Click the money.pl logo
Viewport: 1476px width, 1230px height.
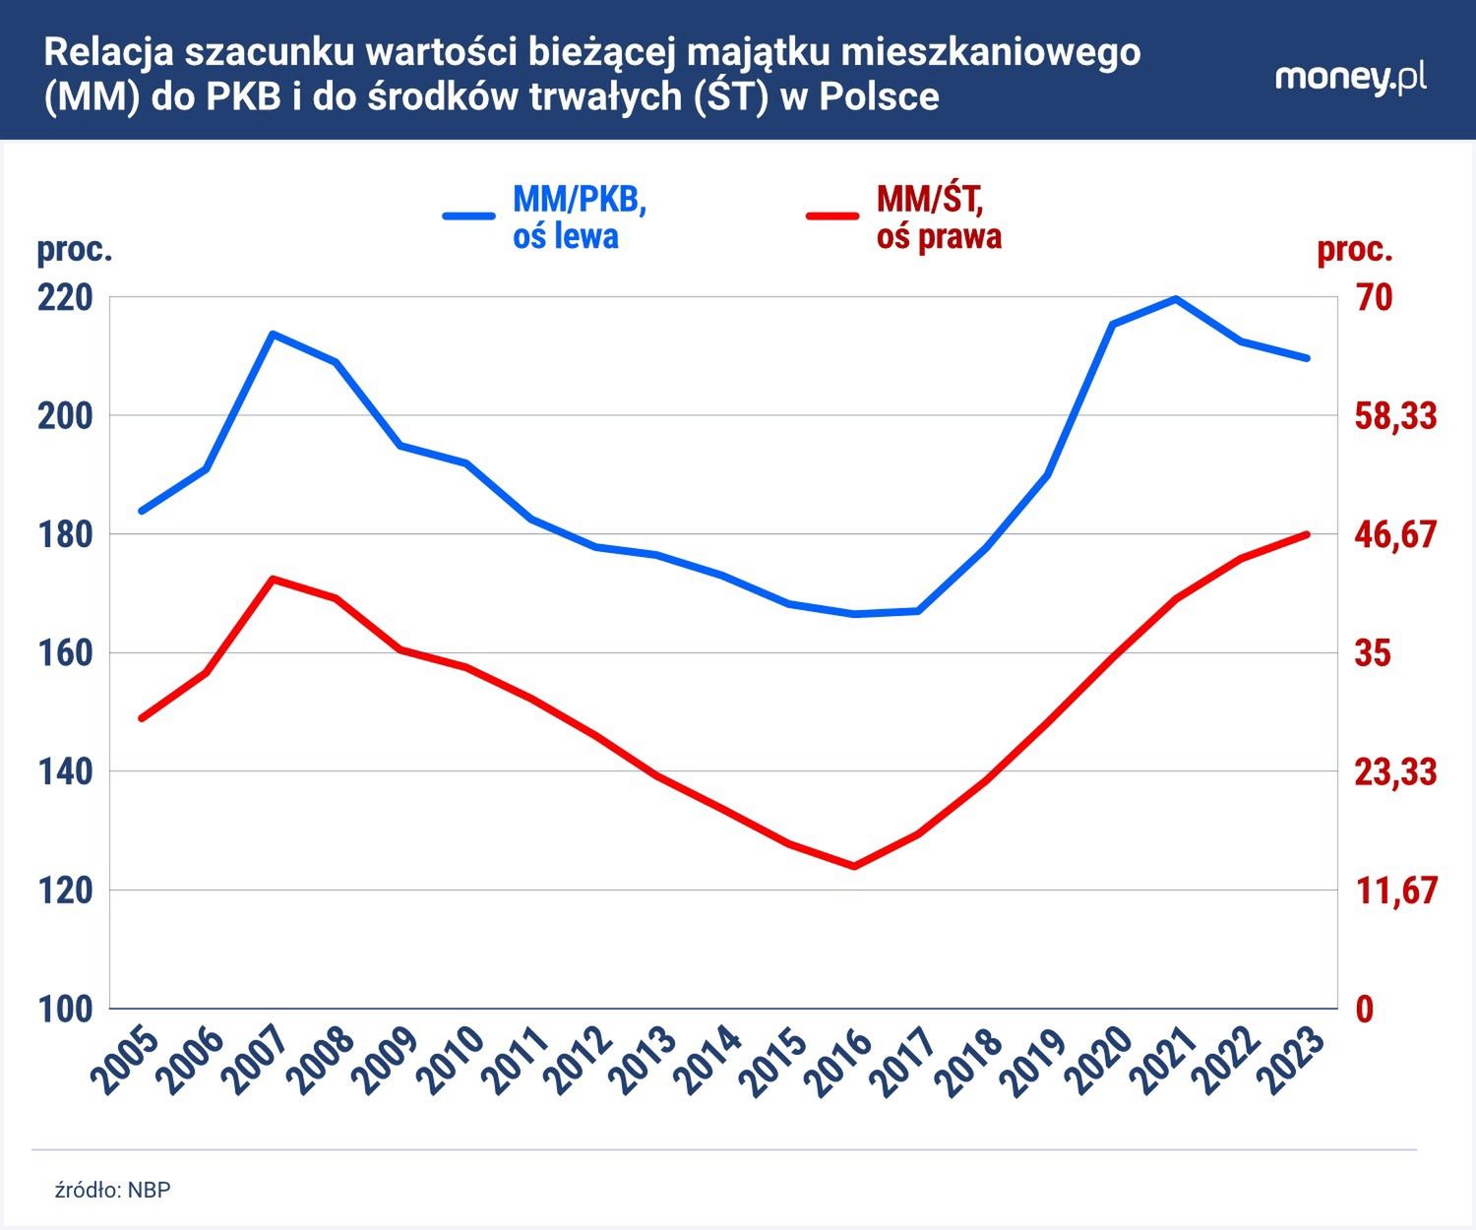tap(1350, 78)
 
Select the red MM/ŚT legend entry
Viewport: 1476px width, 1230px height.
tap(905, 216)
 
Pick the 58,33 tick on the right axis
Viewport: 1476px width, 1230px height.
tap(1395, 415)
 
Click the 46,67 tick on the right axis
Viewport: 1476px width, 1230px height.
tap(1395, 534)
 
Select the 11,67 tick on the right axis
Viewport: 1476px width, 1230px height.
tap(1395, 890)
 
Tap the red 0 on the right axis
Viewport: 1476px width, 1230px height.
tap(1365, 1009)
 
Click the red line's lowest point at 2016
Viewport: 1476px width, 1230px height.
tap(853, 866)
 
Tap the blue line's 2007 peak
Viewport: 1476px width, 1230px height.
tap(273, 334)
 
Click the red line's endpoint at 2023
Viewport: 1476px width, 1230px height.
tap(1307, 534)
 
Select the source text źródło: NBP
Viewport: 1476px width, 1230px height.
tap(112, 1190)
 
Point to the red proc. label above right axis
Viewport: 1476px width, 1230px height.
tap(1354, 249)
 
